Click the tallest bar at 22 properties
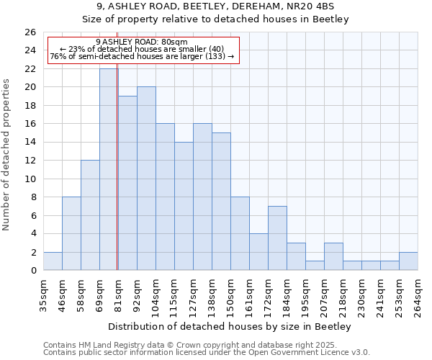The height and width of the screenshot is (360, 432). (108, 169)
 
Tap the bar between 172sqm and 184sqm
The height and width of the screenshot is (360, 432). (277, 238)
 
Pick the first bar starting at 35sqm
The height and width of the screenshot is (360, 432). (53, 261)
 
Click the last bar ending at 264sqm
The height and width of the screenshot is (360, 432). (408, 261)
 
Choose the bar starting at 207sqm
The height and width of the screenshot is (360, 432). (333, 256)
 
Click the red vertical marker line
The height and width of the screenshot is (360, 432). (117, 180)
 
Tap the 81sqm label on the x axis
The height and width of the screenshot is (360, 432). (118, 295)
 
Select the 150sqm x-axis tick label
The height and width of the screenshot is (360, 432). (230, 295)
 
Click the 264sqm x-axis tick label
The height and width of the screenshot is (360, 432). (418, 295)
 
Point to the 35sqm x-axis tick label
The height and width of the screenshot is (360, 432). (43, 295)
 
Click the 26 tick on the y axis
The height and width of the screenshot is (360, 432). (30, 32)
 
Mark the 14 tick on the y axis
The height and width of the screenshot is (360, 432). (30, 143)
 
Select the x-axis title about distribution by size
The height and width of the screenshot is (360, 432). (230, 326)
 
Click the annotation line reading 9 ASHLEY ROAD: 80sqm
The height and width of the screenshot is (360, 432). (141, 42)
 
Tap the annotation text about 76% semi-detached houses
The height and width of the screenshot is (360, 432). (141, 57)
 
